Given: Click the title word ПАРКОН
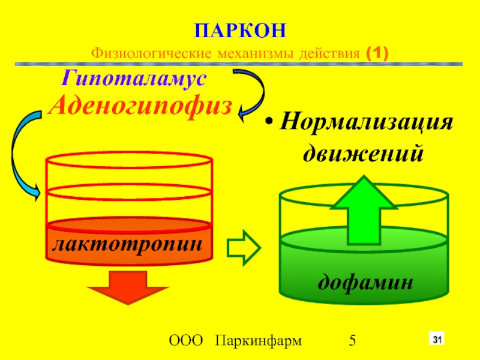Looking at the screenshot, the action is tap(240, 30).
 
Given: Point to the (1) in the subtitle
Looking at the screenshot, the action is tap(376, 54).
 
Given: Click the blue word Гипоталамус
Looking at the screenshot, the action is tap(134, 79).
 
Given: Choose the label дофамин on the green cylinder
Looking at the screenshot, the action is tap(365, 280).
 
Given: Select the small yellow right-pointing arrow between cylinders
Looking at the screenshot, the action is tap(243, 247).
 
